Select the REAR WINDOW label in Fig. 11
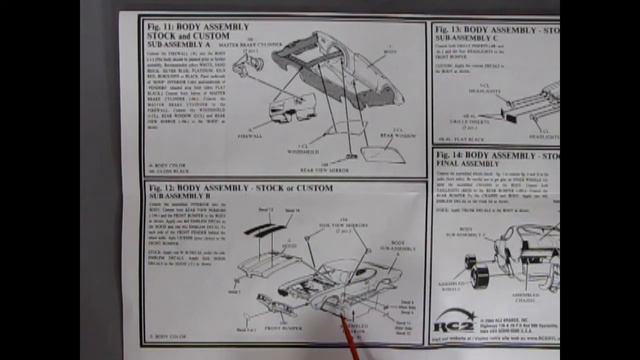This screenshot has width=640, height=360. tap(398, 123)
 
